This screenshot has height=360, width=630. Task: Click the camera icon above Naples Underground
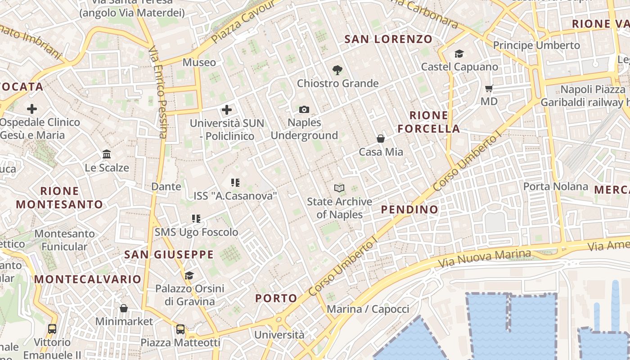304,109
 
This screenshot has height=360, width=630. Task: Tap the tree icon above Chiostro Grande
337,70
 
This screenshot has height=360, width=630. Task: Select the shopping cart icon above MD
489,89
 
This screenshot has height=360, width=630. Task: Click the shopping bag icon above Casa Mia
381,139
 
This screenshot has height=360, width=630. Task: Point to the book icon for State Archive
339,188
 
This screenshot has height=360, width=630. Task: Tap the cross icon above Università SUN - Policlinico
227,109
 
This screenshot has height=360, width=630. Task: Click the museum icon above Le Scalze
107,154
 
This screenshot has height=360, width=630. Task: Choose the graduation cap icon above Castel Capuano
459,54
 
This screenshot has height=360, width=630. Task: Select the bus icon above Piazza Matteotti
180,329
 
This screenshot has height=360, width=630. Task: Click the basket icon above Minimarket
124,308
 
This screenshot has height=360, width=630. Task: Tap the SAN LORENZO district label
388,39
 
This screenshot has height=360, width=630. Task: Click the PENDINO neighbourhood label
409,209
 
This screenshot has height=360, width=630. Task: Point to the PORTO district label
276,298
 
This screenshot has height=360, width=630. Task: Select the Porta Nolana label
555,186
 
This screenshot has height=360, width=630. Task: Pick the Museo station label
199,62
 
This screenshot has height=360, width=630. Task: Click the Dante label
166,186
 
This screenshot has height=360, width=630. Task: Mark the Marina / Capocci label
368,309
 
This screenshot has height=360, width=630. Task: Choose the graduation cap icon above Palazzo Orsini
189,275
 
